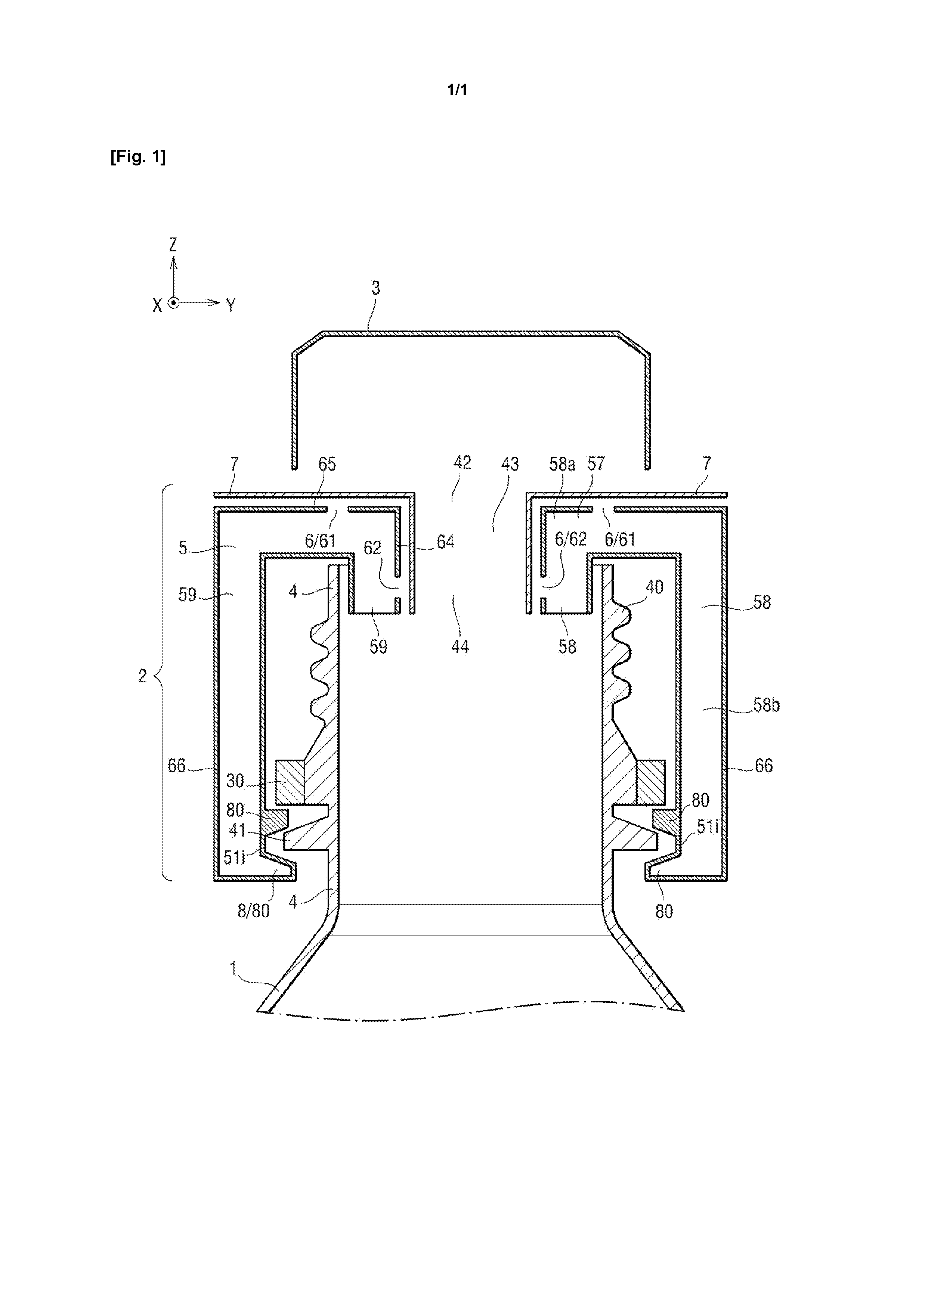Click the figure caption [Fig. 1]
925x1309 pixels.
pyautogui.click(x=138, y=157)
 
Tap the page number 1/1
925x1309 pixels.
pyautogui.click(x=457, y=90)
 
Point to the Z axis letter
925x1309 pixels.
pyautogui.click(x=173, y=245)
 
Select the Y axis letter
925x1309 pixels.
pyautogui.click(x=231, y=305)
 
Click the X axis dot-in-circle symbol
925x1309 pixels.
pyautogui.click(x=174, y=303)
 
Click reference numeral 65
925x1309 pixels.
pyautogui.click(x=327, y=464)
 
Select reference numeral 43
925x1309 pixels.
pyautogui.click(x=510, y=464)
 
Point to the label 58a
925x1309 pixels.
pyautogui.click(x=562, y=464)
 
